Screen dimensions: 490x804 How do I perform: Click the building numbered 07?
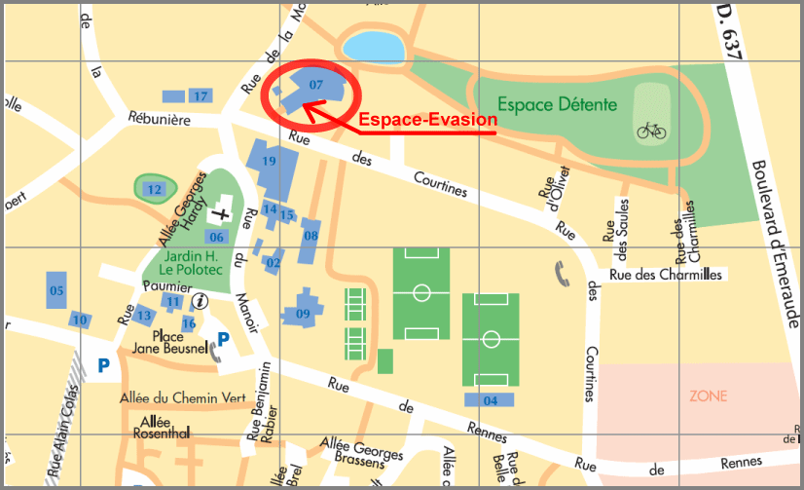315,85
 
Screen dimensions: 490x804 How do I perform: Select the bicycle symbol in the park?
651,130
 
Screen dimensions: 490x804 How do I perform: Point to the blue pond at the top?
366,45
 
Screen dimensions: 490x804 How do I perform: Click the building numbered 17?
200,95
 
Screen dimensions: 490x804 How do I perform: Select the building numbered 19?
270,162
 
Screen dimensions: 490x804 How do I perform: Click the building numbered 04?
490,400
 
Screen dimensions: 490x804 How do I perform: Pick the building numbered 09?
303,313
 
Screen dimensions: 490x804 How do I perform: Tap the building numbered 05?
56,290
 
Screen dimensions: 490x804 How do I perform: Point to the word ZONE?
708,396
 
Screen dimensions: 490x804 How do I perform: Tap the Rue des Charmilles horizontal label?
666,275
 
